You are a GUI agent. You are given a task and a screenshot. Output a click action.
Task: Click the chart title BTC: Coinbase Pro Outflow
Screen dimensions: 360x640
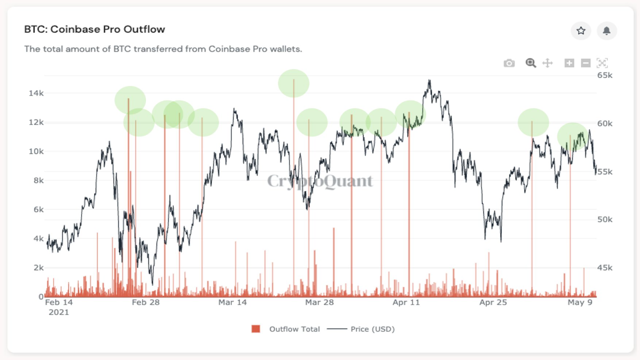(94, 29)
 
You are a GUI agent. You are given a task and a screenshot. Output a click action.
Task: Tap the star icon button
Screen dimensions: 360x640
(580, 31)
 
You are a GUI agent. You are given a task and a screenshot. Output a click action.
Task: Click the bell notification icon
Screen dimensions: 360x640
(606, 31)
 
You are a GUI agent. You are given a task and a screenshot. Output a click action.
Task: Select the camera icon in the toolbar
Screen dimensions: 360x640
(509, 63)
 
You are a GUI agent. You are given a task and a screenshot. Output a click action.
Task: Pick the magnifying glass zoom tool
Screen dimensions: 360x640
(530, 63)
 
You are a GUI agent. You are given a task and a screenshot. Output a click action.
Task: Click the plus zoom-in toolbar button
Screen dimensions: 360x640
(569, 63)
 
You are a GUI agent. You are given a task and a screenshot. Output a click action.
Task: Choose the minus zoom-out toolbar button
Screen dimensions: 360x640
(586, 63)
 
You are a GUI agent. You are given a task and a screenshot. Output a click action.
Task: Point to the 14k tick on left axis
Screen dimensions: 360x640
(35, 93)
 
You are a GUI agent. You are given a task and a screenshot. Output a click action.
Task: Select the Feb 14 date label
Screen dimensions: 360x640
(58, 302)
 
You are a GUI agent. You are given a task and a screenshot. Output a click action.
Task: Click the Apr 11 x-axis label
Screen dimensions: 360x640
(406, 302)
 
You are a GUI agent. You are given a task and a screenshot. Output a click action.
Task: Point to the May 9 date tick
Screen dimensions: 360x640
(580, 302)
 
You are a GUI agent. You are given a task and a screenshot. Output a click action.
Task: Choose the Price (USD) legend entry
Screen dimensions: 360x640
(372, 329)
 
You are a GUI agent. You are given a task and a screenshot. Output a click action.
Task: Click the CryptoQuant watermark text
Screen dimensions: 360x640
(320, 181)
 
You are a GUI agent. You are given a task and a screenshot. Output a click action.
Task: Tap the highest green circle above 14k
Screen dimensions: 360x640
(293, 83)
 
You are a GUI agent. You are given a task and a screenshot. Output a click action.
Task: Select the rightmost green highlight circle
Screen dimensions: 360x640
(572, 136)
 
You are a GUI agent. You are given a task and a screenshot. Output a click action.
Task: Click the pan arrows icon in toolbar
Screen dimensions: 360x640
(547, 63)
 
